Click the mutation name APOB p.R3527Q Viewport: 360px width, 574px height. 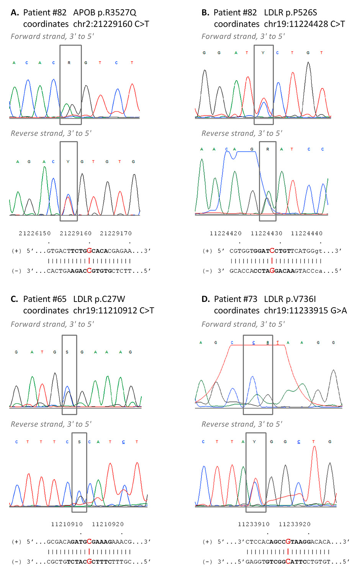[x=105, y=13]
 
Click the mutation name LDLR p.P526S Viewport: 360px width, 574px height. [x=290, y=13]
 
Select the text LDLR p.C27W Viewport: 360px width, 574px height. [x=99, y=299]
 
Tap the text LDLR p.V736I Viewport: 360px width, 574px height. [x=290, y=299]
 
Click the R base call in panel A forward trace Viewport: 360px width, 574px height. [x=69, y=63]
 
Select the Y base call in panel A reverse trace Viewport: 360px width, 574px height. [x=68, y=162]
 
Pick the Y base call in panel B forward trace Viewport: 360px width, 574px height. [x=263, y=53]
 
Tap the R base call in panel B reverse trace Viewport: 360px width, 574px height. [x=268, y=149]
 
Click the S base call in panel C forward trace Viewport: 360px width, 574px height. [x=67, y=352]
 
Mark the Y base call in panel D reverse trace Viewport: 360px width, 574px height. [x=254, y=442]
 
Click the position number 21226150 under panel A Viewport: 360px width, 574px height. [x=35, y=233]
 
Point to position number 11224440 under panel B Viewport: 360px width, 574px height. [x=306, y=233]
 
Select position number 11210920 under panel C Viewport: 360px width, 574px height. [x=108, y=524]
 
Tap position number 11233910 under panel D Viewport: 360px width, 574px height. [x=254, y=524]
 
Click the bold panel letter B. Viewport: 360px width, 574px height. [x=205, y=13]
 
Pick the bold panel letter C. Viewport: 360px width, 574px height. [x=14, y=299]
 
